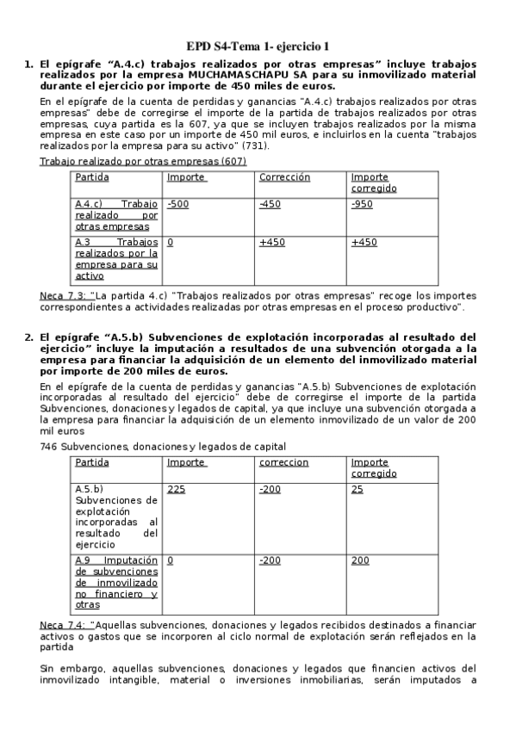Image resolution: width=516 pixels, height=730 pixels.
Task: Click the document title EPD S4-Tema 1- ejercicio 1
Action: pyautogui.click(x=258, y=46)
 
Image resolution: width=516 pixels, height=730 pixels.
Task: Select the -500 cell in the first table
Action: pyautogui.click(x=178, y=204)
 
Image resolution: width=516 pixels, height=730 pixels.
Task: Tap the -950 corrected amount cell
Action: pyautogui.click(x=364, y=204)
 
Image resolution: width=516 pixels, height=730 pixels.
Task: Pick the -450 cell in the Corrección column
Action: pyautogui.click(x=270, y=204)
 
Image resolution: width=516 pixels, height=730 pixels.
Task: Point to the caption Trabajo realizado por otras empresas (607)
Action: pyautogui.click(x=143, y=161)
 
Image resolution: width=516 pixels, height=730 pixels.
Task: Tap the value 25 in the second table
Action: pyautogui.click(x=357, y=489)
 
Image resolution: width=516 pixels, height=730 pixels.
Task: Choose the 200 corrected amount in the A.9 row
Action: pyautogui.click(x=359, y=560)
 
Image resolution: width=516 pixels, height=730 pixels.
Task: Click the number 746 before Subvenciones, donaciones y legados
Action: pyautogui.click(x=49, y=446)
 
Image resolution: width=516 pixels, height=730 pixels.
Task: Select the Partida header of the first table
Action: pyautogui.click(x=92, y=177)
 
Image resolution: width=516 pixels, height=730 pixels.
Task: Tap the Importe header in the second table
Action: pyautogui.click(x=186, y=462)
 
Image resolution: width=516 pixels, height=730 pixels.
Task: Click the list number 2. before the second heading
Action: pyautogui.click(x=28, y=337)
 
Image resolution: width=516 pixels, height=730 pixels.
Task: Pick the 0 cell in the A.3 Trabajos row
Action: pyautogui.click(x=171, y=243)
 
